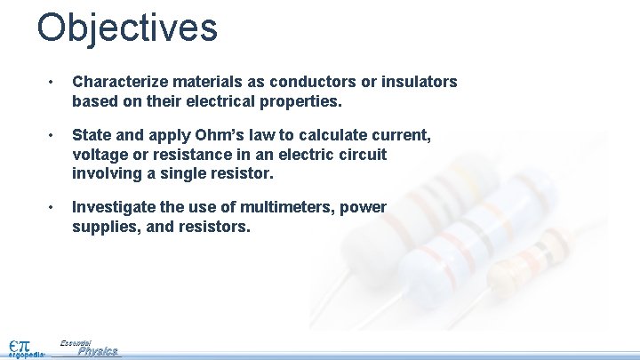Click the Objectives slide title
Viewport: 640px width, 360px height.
pos(127,28)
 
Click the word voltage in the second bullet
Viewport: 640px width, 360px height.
pos(100,154)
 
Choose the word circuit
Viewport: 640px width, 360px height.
pos(362,154)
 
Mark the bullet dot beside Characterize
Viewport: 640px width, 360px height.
pos(52,83)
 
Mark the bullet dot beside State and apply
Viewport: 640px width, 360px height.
pos(52,135)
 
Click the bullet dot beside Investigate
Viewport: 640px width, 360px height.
pos(52,207)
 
